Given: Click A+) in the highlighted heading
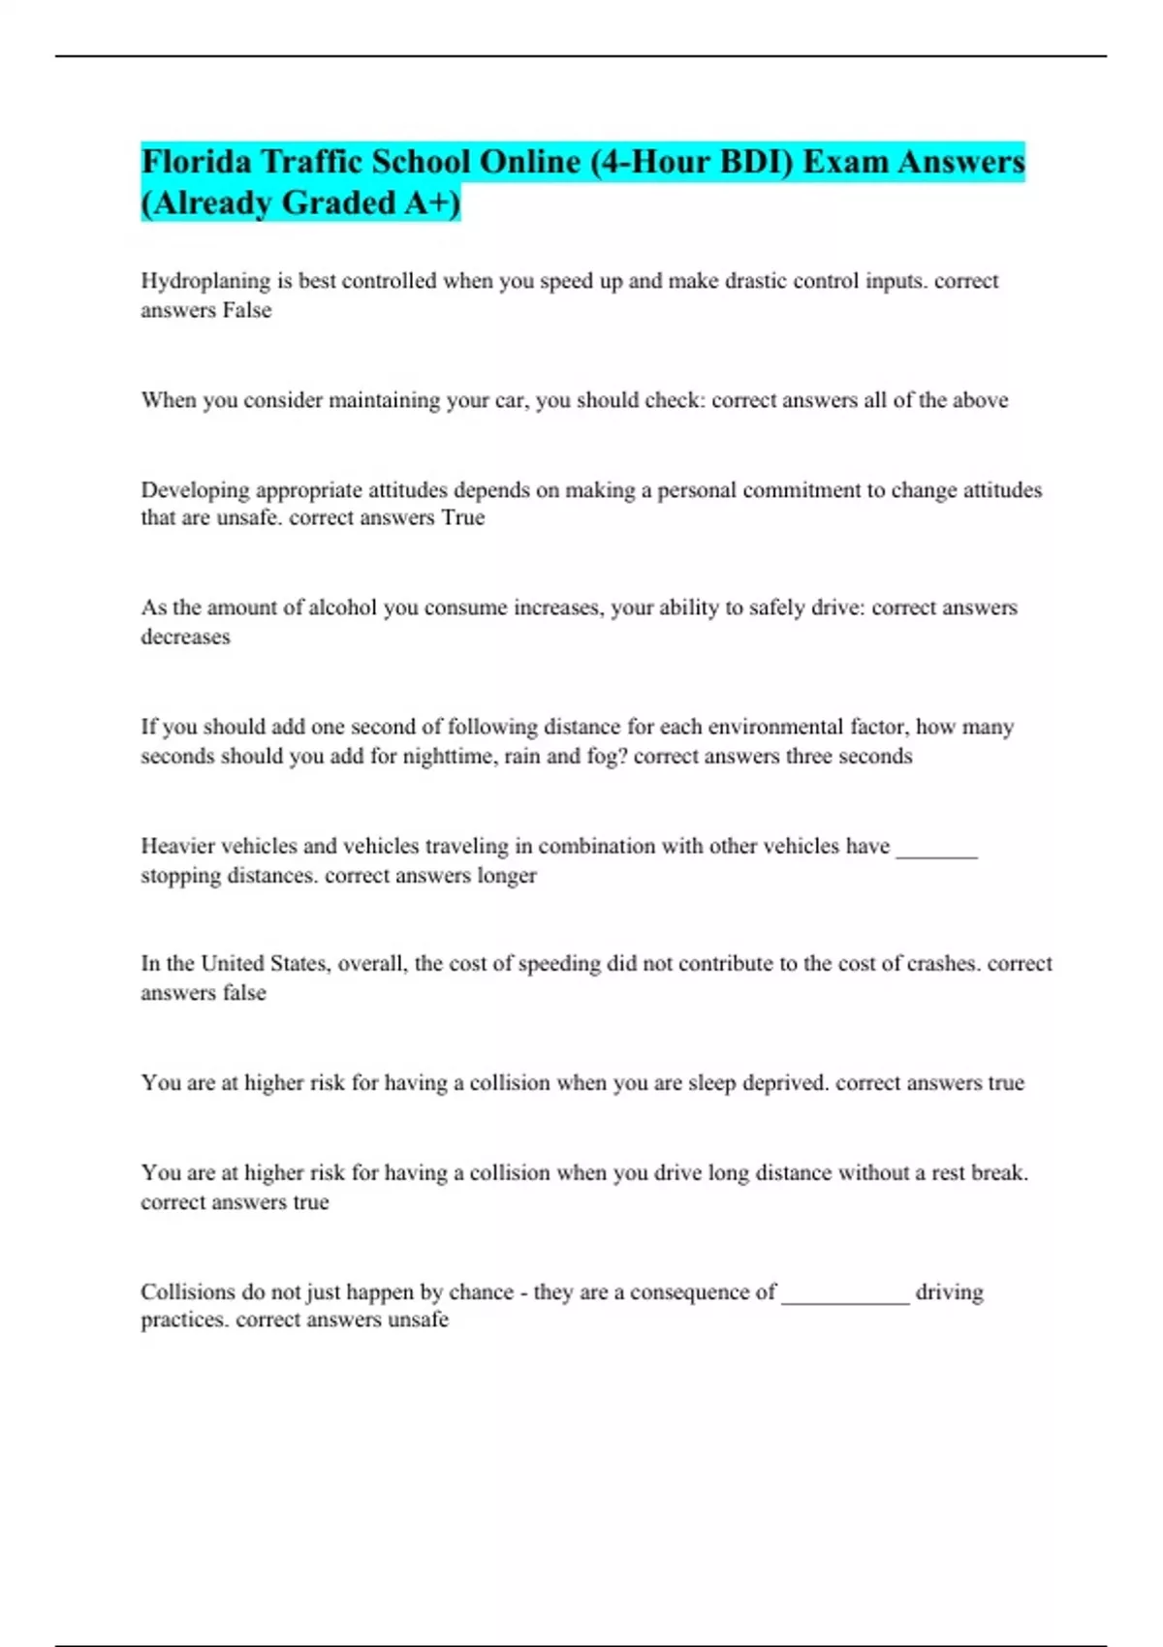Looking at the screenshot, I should [x=432, y=202].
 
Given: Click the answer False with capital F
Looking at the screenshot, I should [x=247, y=310].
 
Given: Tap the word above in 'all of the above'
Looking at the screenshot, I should [x=980, y=400].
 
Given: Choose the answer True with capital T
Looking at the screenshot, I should [x=462, y=517].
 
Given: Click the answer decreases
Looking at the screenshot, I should [x=185, y=637].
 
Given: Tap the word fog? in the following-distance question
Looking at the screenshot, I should [x=607, y=756].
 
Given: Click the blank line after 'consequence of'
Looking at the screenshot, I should [x=845, y=1299].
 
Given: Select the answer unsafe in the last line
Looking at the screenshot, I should [x=418, y=1320].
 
